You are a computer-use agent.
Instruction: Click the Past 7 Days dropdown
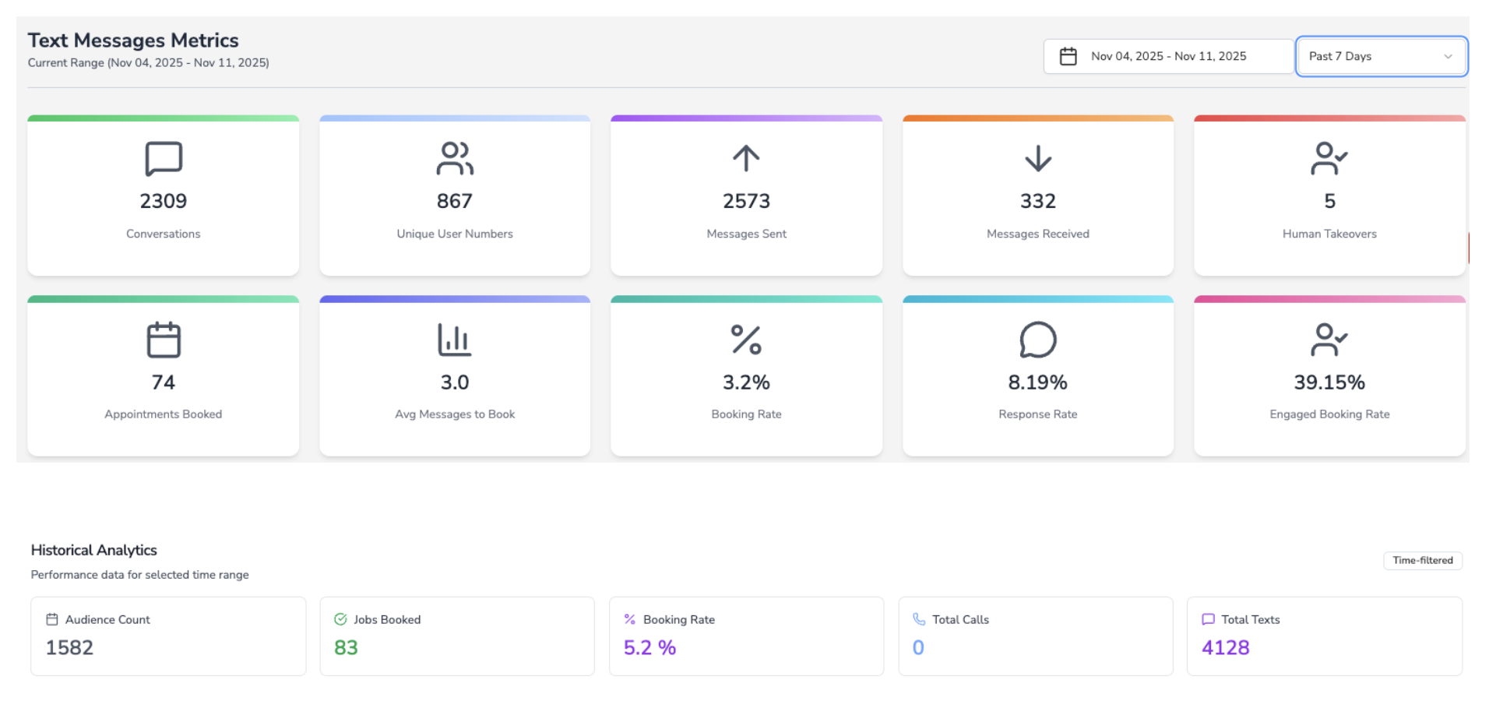[x=1381, y=56]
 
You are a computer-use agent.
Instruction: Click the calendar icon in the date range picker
[x=1068, y=56]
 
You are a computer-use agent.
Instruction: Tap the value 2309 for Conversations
[x=163, y=201]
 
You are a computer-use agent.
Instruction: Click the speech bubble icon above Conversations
[x=164, y=159]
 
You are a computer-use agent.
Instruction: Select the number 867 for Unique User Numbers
[x=454, y=201]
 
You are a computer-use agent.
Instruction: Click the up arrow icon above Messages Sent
[x=745, y=158]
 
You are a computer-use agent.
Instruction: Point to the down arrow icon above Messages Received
[x=1037, y=158]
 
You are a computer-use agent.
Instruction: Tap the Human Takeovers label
[x=1329, y=234]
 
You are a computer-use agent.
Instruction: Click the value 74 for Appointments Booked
[x=163, y=382]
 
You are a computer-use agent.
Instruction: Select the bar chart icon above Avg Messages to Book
[x=454, y=340]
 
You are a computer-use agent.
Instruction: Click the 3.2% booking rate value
[x=745, y=382]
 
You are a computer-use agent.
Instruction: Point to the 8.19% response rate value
[x=1037, y=382]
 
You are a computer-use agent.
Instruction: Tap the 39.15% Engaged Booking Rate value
[x=1329, y=382]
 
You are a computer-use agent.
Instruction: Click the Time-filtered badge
[x=1422, y=560]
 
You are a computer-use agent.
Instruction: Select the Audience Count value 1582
[x=69, y=647]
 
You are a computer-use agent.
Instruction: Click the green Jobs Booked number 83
[x=346, y=647]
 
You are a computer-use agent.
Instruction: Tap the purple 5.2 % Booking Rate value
[x=649, y=647]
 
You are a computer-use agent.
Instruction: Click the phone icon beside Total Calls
[x=919, y=619]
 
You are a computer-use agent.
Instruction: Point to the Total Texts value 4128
[x=1225, y=647]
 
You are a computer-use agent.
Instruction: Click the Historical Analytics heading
[x=94, y=550]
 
